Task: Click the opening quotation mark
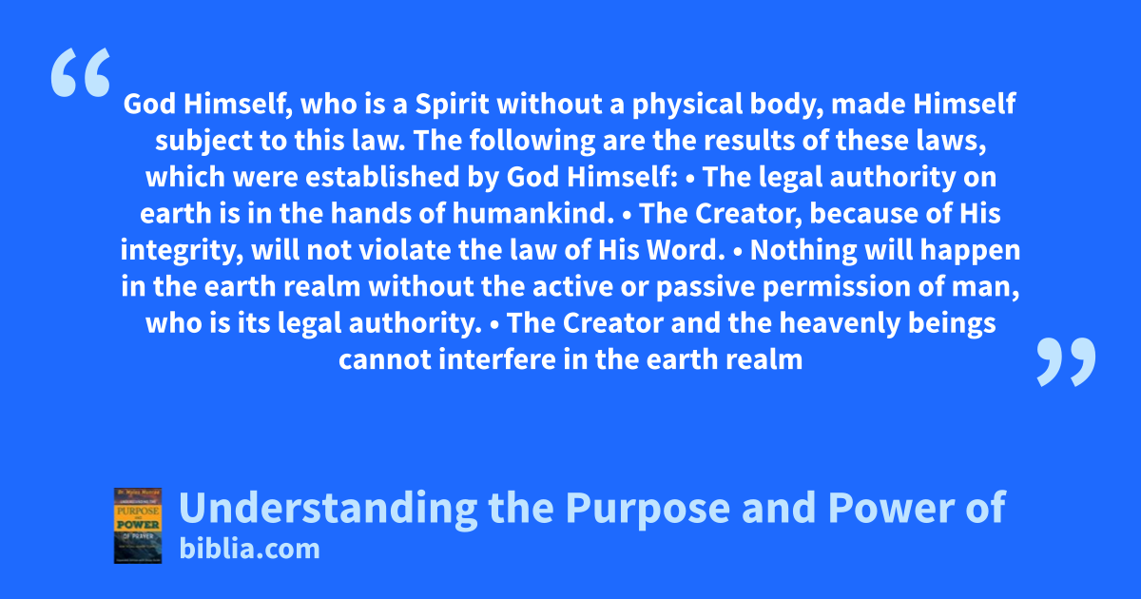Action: (x=81, y=72)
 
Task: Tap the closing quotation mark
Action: (x=1066, y=361)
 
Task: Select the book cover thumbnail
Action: (x=138, y=526)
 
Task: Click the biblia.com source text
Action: (x=249, y=550)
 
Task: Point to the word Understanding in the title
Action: (x=328, y=509)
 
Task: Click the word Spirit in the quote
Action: (x=452, y=104)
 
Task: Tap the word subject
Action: (x=203, y=142)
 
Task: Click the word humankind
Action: (x=532, y=213)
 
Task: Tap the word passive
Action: (x=705, y=288)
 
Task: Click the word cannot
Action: (x=385, y=360)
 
